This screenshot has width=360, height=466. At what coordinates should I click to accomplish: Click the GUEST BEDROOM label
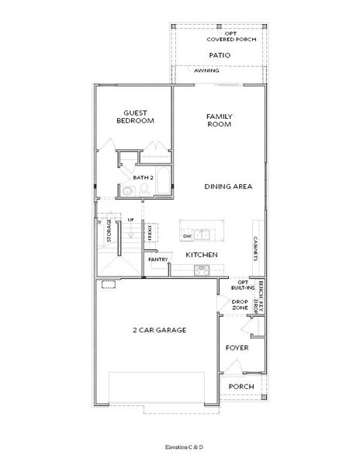click(135, 116)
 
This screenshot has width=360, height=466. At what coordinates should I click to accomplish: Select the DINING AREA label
click(227, 186)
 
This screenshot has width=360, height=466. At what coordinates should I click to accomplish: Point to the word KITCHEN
click(201, 255)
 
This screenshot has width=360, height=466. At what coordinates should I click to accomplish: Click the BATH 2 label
click(144, 177)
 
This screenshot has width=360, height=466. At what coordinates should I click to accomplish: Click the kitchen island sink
click(203, 235)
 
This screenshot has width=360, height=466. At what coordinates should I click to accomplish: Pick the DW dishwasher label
click(187, 235)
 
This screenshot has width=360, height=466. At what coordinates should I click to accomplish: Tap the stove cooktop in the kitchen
click(201, 270)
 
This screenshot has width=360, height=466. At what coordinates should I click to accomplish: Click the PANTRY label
click(159, 259)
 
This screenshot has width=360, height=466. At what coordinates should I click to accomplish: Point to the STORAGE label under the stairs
click(109, 231)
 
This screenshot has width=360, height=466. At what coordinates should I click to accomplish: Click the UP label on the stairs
click(131, 221)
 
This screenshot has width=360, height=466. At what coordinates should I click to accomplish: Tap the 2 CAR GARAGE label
click(159, 330)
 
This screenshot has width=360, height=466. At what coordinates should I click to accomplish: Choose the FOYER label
click(237, 348)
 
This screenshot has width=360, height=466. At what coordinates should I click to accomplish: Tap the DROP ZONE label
click(241, 304)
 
